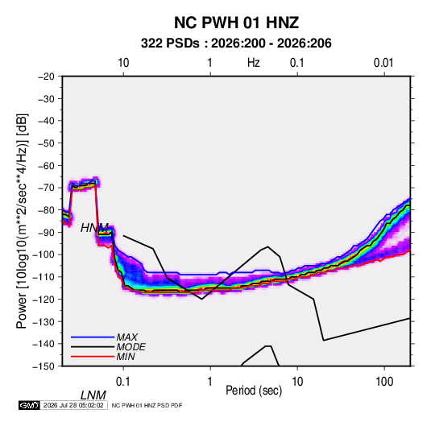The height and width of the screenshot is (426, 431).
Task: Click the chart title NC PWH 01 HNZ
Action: pyautogui.click(x=236, y=23)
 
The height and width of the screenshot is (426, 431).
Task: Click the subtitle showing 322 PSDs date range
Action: pyautogui.click(x=236, y=43)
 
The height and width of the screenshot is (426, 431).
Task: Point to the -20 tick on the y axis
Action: pyautogui.click(x=46, y=77)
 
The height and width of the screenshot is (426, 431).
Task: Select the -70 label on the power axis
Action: pyautogui.click(x=46, y=188)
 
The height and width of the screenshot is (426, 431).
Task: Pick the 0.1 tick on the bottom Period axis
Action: pyautogui.click(x=123, y=382)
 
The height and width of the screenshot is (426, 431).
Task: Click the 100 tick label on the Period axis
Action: pyautogui.click(x=384, y=382)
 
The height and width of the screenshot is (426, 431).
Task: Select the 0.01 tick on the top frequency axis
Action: pyautogui.click(x=383, y=63)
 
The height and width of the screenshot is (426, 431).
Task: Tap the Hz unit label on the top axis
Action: pyautogui.click(x=254, y=63)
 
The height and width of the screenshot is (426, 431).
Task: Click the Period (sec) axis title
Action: pyautogui.click(x=254, y=391)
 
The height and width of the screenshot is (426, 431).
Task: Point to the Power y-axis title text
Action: pyautogui.click(x=22, y=221)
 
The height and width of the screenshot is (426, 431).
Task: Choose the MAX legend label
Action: pyautogui.click(x=127, y=337)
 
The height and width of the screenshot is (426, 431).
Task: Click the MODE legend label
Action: pyautogui.click(x=131, y=347)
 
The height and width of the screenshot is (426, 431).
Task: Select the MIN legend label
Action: pyautogui.click(x=126, y=357)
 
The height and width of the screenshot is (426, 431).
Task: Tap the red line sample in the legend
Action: pyautogui.click(x=93, y=357)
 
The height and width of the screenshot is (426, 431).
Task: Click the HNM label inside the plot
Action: pyautogui.click(x=94, y=228)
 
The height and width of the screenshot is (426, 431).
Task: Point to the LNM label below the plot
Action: pyautogui.click(x=93, y=395)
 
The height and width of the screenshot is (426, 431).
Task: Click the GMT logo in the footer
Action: pyautogui.click(x=30, y=405)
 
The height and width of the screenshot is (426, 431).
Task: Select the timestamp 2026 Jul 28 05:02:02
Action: pyautogui.click(x=73, y=405)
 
